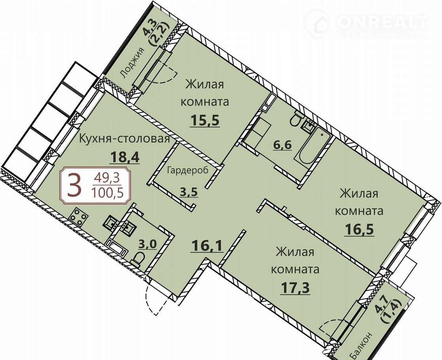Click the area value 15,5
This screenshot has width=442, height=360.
(x=205, y=121)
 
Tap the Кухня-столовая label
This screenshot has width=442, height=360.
(x=125, y=139)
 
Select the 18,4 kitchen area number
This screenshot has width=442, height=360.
(x=125, y=157)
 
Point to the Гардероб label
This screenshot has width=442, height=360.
(x=187, y=171)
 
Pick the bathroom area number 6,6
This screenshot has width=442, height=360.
(x=282, y=146)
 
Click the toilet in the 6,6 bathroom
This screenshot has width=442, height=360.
(x=297, y=119)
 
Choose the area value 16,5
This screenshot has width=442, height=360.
(x=359, y=229)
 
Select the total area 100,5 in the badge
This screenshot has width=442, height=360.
(x=108, y=193)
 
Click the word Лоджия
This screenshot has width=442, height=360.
(x=132, y=63)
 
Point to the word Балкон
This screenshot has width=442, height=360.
(x=362, y=345)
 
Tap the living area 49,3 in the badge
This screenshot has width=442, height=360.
(x=107, y=178)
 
